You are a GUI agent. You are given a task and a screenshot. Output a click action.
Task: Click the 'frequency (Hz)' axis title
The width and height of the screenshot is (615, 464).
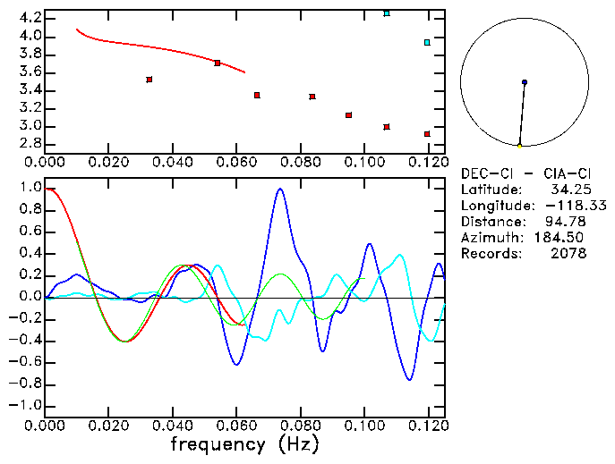point(243,443)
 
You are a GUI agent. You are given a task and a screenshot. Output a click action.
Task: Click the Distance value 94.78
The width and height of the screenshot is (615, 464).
point(566,222)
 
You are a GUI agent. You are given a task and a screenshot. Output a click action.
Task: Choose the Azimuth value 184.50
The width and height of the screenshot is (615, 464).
point(563,238)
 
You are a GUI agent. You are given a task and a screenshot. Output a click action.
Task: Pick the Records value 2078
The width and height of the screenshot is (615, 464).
point(568,254)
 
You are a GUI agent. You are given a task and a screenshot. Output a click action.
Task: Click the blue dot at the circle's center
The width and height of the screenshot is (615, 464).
point(525,82)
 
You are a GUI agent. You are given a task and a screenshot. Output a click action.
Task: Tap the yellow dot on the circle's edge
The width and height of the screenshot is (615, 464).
point(519,146)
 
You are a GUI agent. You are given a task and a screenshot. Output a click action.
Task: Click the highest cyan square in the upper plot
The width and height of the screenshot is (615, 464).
point(387,13)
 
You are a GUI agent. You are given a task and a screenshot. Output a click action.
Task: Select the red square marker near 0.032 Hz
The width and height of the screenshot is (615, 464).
point(149,80)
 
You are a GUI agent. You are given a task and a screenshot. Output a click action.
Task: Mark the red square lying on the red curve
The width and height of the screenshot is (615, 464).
point(218,63)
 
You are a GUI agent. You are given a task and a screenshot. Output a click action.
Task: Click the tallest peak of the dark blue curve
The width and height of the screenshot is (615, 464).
point(280,189)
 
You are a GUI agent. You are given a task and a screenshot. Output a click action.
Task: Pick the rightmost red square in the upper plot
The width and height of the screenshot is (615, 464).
point(427,134)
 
